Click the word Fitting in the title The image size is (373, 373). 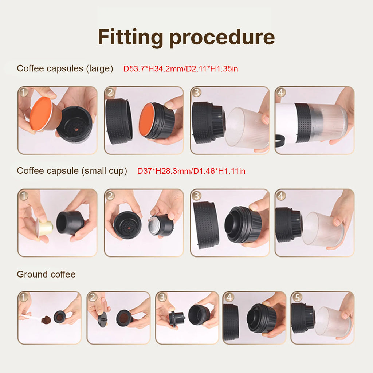[x=130, y=37]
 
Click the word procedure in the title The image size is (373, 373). [x=222, y=37]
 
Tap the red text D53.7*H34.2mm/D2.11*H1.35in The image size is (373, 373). [x=181, y=68]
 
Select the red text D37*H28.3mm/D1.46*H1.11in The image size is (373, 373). [x=191, y=171]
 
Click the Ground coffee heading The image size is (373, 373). [x=46, y=274]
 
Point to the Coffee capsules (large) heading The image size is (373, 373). [x=65, y=68]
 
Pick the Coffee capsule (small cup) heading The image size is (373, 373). [x=72, y=171]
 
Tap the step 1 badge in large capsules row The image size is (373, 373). [x=24, y=92]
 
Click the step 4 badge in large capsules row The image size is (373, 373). [x=280, y=92]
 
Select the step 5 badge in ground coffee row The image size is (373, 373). [x=297, y=298]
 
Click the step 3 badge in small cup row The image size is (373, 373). [x=197, y=196]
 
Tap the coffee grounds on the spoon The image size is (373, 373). [x=46, y=320]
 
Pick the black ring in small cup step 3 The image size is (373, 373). [x=206, y=224]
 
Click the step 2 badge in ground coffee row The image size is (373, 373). [x=93, y=298]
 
